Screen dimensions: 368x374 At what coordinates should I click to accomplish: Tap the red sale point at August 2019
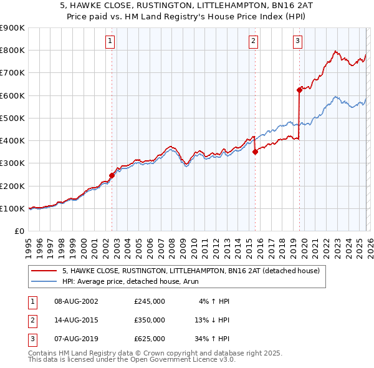click(x=299, y=90)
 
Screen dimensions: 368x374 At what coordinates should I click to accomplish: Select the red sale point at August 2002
click(x=112, y=175)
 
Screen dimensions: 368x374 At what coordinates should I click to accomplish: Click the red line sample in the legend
click(x=44, y=271)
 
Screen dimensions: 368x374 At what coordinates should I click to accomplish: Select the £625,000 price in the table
click(x=150, y=339)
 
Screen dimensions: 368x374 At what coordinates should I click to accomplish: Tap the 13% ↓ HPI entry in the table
click(x=212, y=320)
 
